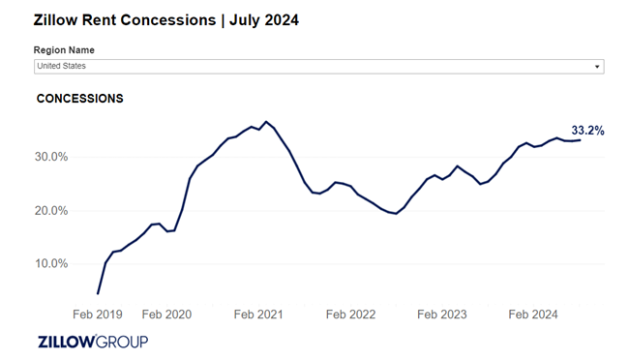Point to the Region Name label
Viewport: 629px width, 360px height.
(x=64, y=50)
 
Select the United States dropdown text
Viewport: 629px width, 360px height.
(x=60, y=66)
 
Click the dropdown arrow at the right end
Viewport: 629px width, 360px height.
(x=597, y=67)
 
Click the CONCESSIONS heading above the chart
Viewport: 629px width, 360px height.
(x=79, y=99)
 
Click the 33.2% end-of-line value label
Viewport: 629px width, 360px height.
(x=587, y=131)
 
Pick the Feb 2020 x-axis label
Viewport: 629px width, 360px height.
(x=166, y=315)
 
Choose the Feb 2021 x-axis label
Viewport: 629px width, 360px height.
(x=258, y=315)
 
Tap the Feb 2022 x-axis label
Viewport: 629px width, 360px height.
(x=350, y=315)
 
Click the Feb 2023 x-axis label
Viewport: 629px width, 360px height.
(x=442, y=315)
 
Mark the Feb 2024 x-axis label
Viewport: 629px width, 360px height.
(x=534, y=315)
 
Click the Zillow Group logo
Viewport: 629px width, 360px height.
(x=93, y=342)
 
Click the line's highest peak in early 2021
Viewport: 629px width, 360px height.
(x=266, y=122)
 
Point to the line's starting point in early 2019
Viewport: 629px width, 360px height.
(x=98, y=293)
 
